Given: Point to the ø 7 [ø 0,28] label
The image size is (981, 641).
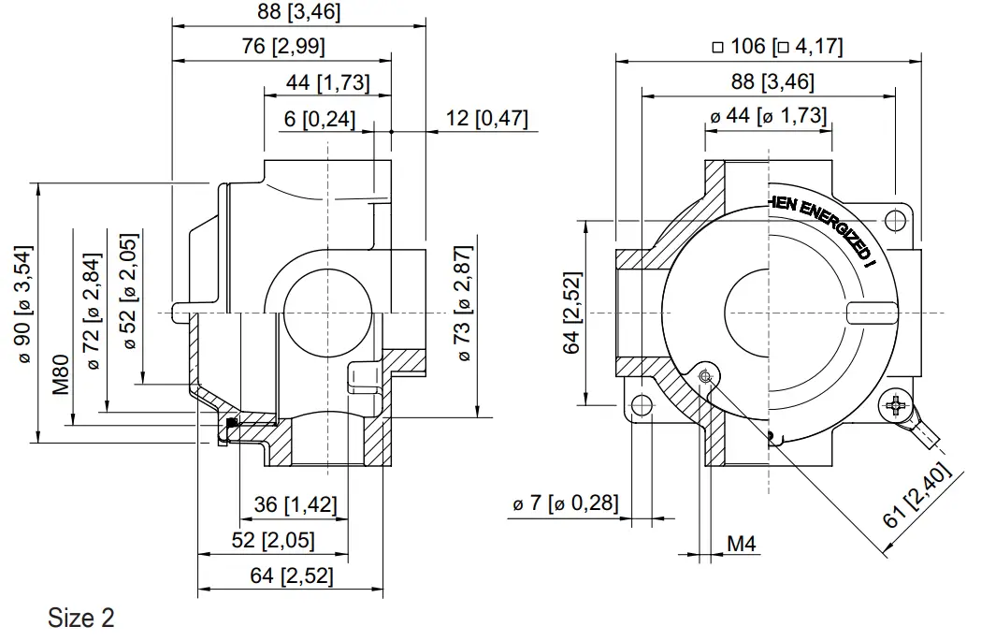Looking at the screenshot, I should click(565, 503).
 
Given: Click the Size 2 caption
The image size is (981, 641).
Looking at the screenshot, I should click(81, 619).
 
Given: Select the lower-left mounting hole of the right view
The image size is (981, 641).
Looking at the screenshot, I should click(641, 404).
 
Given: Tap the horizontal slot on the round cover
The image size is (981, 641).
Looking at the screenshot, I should click(871, 312).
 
